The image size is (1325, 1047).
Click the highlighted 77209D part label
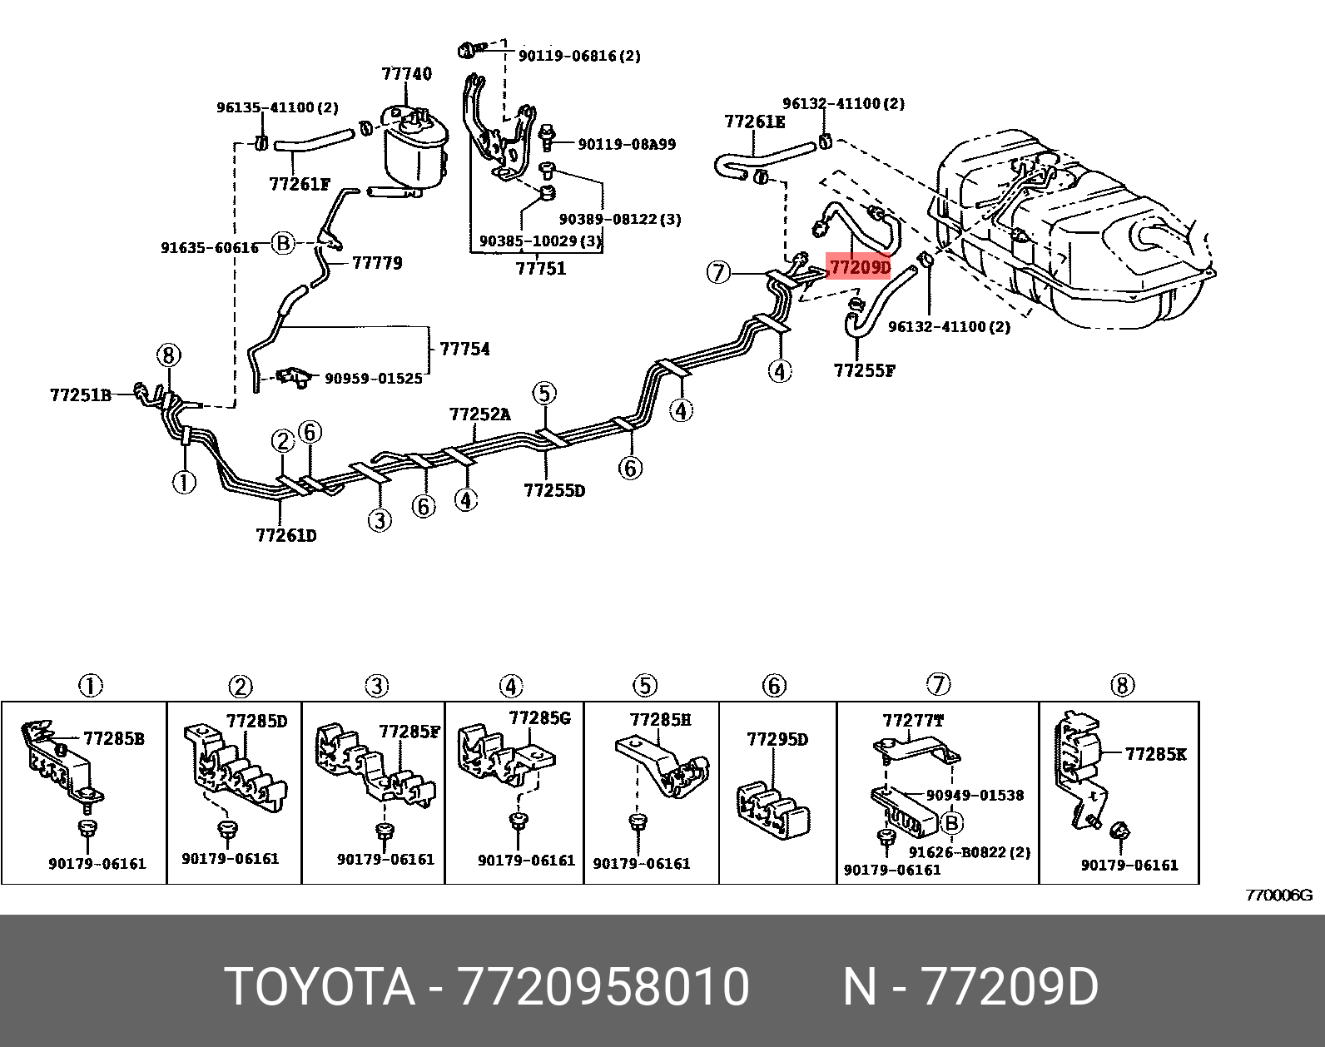coord(859,268)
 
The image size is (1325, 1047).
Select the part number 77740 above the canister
coord(406,73)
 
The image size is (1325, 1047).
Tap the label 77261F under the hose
coord(300,184)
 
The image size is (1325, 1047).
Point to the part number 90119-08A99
coord(626,144)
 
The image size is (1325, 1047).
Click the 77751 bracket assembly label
coord(540,268)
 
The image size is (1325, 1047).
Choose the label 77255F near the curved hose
coord(864,370)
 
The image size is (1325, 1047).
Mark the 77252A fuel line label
coord(479,414)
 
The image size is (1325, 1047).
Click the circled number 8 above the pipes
coord(167,356)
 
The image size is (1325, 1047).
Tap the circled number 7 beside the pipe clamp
coord(718,271)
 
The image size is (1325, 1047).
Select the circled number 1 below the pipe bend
coord(184,481)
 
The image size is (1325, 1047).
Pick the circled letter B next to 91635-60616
coord(284,243)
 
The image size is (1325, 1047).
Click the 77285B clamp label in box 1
coord(113,738)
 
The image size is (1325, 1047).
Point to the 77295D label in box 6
coord(777,739)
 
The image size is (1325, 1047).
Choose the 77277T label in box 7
coord(912,721)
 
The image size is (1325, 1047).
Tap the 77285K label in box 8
coord(1155,754)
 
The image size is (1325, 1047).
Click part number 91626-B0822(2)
coord(969,852)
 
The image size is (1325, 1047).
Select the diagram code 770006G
coord(1278,896)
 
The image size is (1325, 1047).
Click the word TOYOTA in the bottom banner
coord(320,987)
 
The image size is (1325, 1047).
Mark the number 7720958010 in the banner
coord(604,987)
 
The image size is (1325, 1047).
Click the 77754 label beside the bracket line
coord(464,349)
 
